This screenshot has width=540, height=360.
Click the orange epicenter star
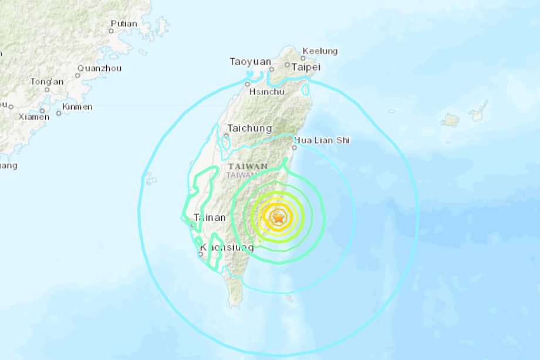[278, 217]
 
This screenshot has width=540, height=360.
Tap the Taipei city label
[307, 67]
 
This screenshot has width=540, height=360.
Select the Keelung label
[320, 51]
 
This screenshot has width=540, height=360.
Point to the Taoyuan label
[251, 62]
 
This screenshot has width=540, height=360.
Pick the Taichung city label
[249, 128]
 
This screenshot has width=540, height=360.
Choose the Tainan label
[209, 217]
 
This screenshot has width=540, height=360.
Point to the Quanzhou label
[99, 68]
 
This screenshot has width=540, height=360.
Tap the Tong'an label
[47, 82]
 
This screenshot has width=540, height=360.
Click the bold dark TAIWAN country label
[252, 166]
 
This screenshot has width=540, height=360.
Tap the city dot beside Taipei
[288, 66]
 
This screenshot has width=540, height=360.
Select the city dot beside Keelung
[303, 58]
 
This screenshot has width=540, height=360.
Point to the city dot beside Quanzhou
[78, 75]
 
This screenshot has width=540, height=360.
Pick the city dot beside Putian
[112, 31]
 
